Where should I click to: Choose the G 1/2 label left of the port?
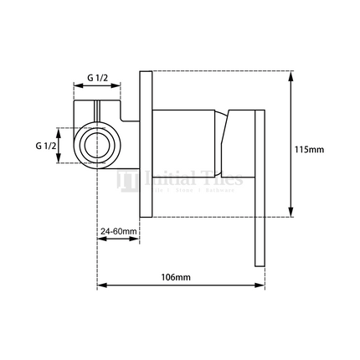coord(47,146)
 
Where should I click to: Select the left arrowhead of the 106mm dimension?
coord(102,286)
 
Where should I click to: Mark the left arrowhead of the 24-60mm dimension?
coord(102,239)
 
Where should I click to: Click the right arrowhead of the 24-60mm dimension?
coord(137,239)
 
